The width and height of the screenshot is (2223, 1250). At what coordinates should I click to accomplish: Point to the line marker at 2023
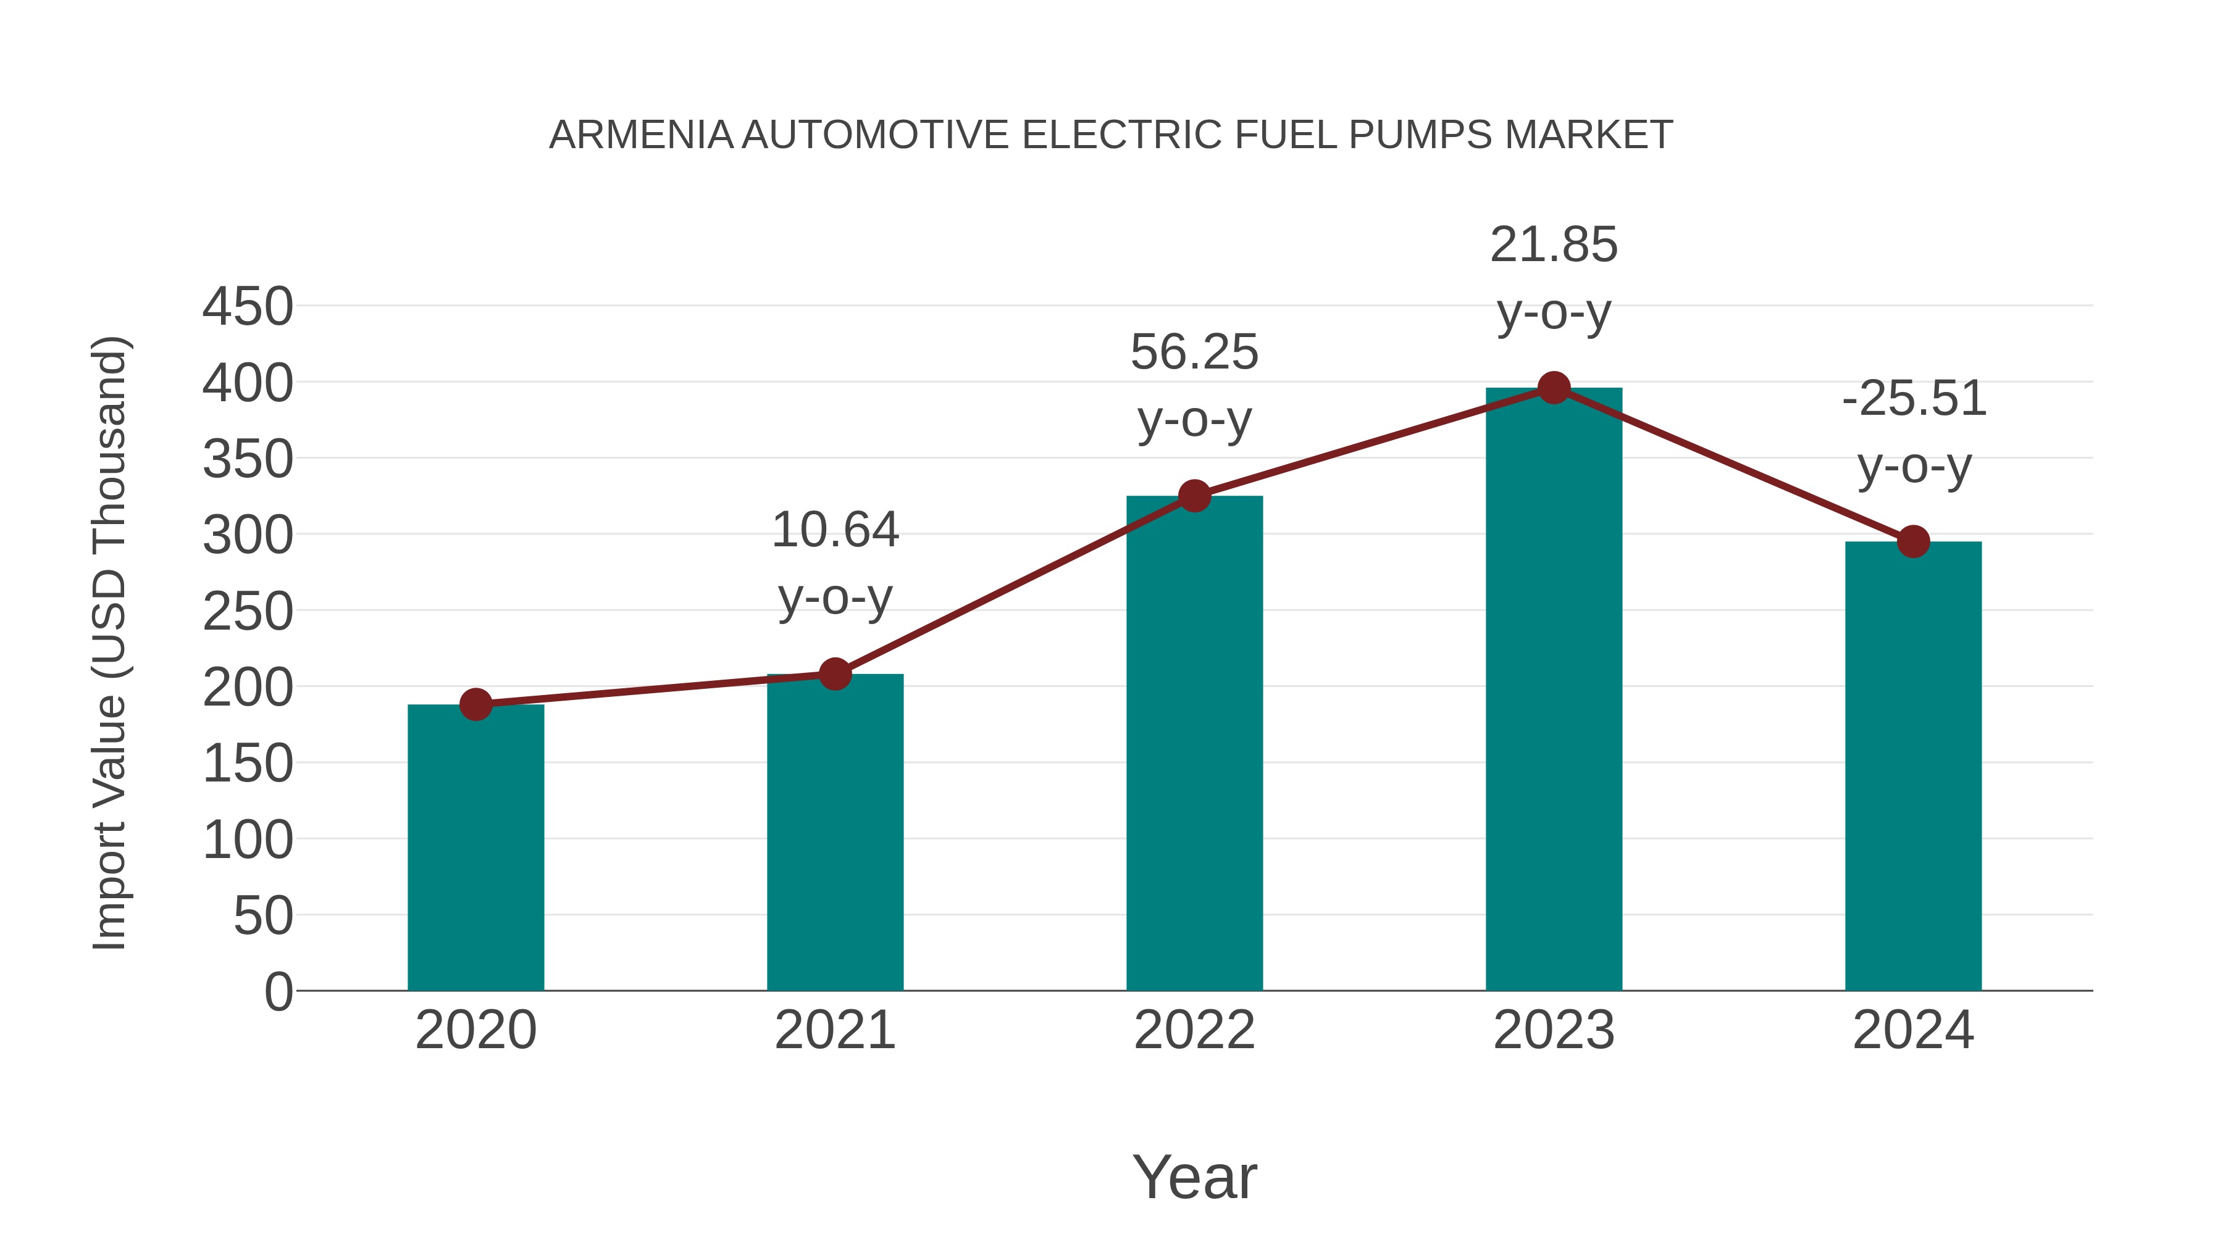tap(1554, 388)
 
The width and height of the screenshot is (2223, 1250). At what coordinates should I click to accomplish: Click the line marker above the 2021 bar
tap(834, 673)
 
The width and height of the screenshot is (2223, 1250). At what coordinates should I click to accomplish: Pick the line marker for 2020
tap(475, 705)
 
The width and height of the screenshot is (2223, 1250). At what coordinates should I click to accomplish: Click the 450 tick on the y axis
tap(248, 307)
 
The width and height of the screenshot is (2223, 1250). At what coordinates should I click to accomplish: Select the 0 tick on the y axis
tap(278, 991)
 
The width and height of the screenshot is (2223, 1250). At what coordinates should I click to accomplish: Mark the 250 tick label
tap(248, 612)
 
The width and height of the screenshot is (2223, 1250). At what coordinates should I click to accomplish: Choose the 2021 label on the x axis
tap(834, 1030)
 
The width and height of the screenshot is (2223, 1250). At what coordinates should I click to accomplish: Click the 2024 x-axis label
tap(1913, 1030)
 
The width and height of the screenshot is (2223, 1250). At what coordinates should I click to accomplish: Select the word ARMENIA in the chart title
tap(640, 135)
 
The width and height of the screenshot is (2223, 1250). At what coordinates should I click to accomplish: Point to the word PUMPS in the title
tap(1420, 135)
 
